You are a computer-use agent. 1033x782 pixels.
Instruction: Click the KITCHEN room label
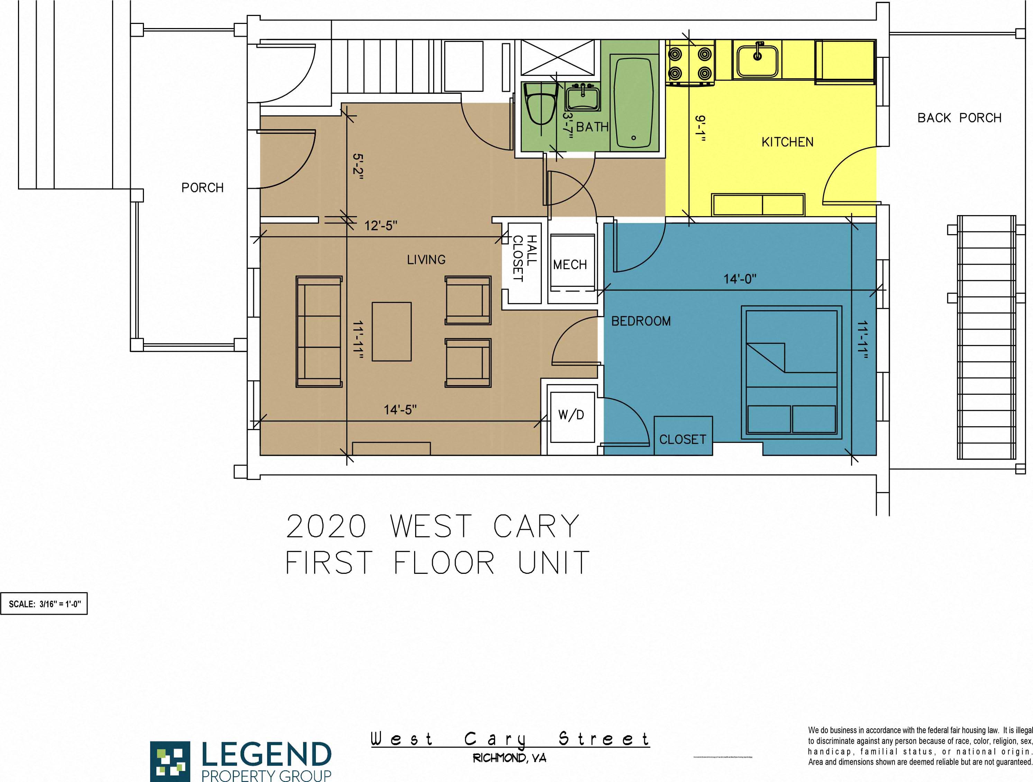click(x=787, y=142)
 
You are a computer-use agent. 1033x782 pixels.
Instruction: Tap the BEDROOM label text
click(x=641, y=321)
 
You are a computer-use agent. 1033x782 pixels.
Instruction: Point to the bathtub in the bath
click(x=633, y=102)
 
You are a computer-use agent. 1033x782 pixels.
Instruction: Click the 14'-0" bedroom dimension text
click(x=740, y=279)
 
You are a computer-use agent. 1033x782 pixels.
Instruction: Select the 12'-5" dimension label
click(x=381, y=226)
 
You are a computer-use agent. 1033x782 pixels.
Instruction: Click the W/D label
click(x=571, y=415)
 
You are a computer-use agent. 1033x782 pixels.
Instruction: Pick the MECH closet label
click(x=570, y=265)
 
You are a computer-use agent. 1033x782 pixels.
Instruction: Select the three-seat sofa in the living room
click(x=319, y=331)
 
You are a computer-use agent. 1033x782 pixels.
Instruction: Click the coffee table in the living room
click(x=391, y=331)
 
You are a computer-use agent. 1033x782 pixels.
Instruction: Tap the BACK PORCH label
click(x=959, y=118)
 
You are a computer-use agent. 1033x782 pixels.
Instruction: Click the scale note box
click(x=44, y=604)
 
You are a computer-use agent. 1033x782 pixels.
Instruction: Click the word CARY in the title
click(x=536, y=526)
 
